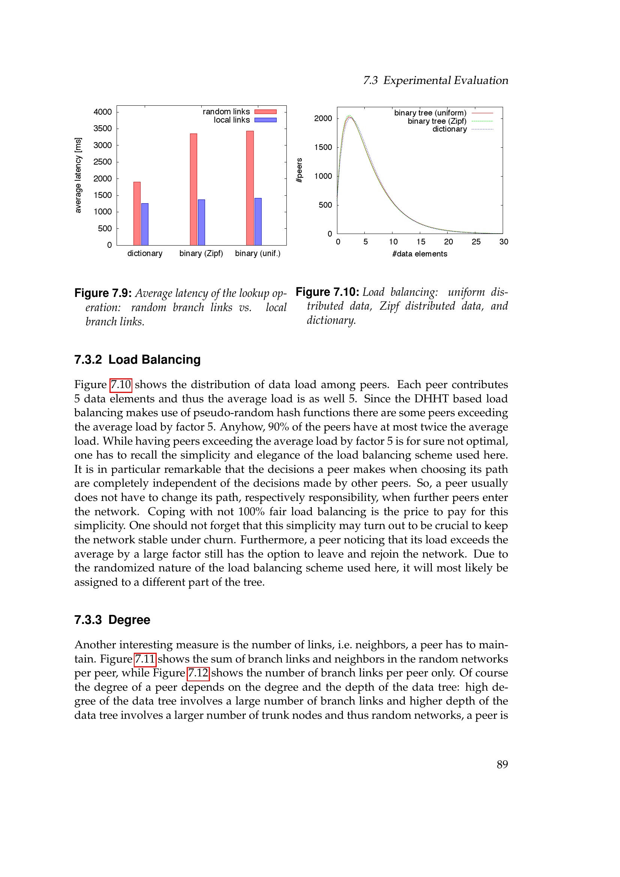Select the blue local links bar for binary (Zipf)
pos(201,222)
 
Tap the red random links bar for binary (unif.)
pos(250,188)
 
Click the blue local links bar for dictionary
pos(145,224)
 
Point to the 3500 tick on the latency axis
pos(103,128)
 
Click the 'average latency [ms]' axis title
pos(78,175)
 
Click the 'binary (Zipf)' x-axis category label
pos(201,253)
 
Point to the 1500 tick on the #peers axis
pos(323,147)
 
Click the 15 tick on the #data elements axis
pos(421,242)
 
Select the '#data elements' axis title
pos(419,254)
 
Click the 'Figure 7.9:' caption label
pos(103,293)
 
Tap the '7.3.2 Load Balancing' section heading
pos(138,360)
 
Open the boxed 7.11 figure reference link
pos(145,659)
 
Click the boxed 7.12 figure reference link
pos(198,673)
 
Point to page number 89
pos(502,764)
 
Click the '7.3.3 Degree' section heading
pos(112,619)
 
